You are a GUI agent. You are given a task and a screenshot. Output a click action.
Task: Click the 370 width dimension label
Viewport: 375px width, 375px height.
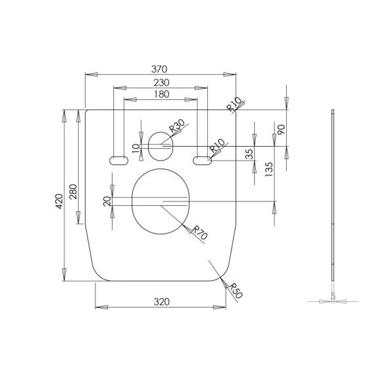click(159, 69)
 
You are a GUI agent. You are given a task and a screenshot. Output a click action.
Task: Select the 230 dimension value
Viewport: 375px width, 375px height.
click(161, 83)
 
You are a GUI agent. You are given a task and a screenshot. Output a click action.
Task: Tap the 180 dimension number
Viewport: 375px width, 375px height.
click(162, 94)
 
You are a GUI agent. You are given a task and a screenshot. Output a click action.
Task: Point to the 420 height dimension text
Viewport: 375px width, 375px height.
click(59, 201)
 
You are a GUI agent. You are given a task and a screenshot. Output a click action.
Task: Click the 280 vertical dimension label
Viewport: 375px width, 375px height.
click(73, 191)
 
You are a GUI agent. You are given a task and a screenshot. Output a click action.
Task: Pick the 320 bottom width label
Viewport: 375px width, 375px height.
click(162, 302)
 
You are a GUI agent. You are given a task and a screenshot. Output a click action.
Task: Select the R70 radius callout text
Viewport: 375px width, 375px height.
click(199, 233)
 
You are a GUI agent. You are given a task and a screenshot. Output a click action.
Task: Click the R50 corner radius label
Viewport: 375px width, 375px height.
click(236, 291)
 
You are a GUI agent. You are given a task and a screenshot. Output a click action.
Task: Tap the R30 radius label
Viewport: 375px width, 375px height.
click(177, 126)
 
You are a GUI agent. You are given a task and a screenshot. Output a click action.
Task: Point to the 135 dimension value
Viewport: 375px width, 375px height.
click(269, 169)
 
